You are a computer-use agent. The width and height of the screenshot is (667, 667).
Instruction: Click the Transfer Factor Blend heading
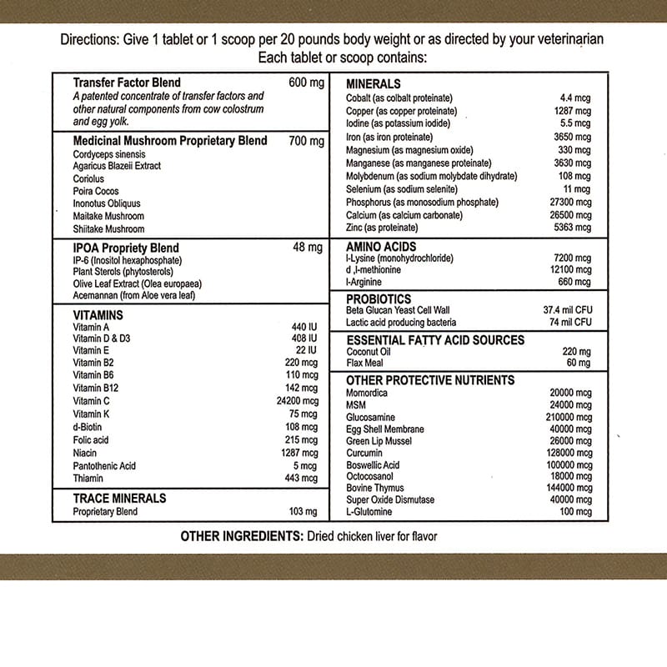coord(127,83)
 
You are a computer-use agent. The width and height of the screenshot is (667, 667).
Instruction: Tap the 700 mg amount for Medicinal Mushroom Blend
coord(306,141)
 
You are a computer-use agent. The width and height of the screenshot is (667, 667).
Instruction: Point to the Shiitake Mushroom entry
coord(108,228)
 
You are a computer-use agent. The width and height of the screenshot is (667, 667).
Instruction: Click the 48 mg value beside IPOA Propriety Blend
coord(308,248)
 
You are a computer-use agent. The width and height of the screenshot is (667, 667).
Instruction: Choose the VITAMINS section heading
coord(98,315)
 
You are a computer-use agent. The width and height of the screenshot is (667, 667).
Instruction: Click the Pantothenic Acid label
coord(104,465)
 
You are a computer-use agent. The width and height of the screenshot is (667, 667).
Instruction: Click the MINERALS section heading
coord(374,84)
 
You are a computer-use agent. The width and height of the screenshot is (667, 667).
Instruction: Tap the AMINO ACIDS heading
coord(381,247)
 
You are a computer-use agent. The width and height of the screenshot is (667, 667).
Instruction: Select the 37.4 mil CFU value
coord(567,310)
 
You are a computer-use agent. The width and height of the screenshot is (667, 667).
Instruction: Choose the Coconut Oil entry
coord(368,352)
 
